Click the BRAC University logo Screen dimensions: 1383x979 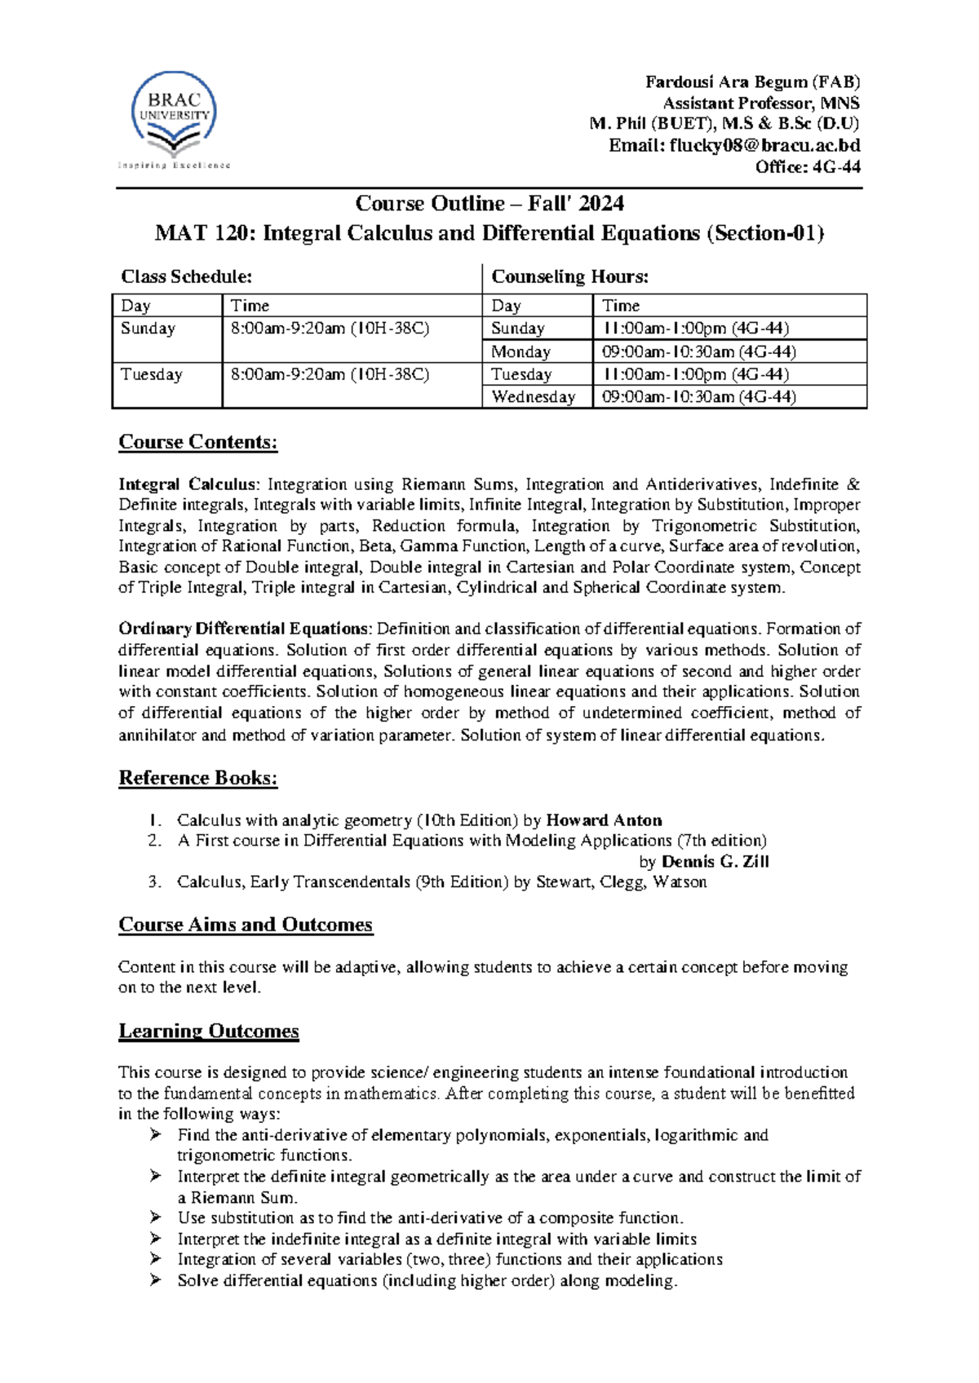click(x=174, y=118)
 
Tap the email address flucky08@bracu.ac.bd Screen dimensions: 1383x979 click(x=764, y=146)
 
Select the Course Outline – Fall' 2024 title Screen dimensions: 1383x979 click(x=489, y=203)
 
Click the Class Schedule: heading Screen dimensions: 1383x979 click(x=186, y=277)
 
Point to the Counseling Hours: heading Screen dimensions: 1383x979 click(x=569, y=277)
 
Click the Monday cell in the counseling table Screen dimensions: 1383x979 click(x=521, y=351)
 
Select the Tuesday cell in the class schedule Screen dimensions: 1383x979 click(x=152, y=374)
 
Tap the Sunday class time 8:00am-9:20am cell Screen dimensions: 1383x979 click(x=330, y=329)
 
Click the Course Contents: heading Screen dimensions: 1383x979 click(x=198, y=442)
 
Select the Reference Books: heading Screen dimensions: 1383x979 click(x=198, y=778)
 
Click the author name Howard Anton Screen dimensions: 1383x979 click(x=604, y=820)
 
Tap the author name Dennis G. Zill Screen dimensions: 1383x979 click(x=715, y=862)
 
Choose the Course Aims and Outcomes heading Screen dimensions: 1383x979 click(x=246, y=925)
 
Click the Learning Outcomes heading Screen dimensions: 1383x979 click(x=209, y=1032)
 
